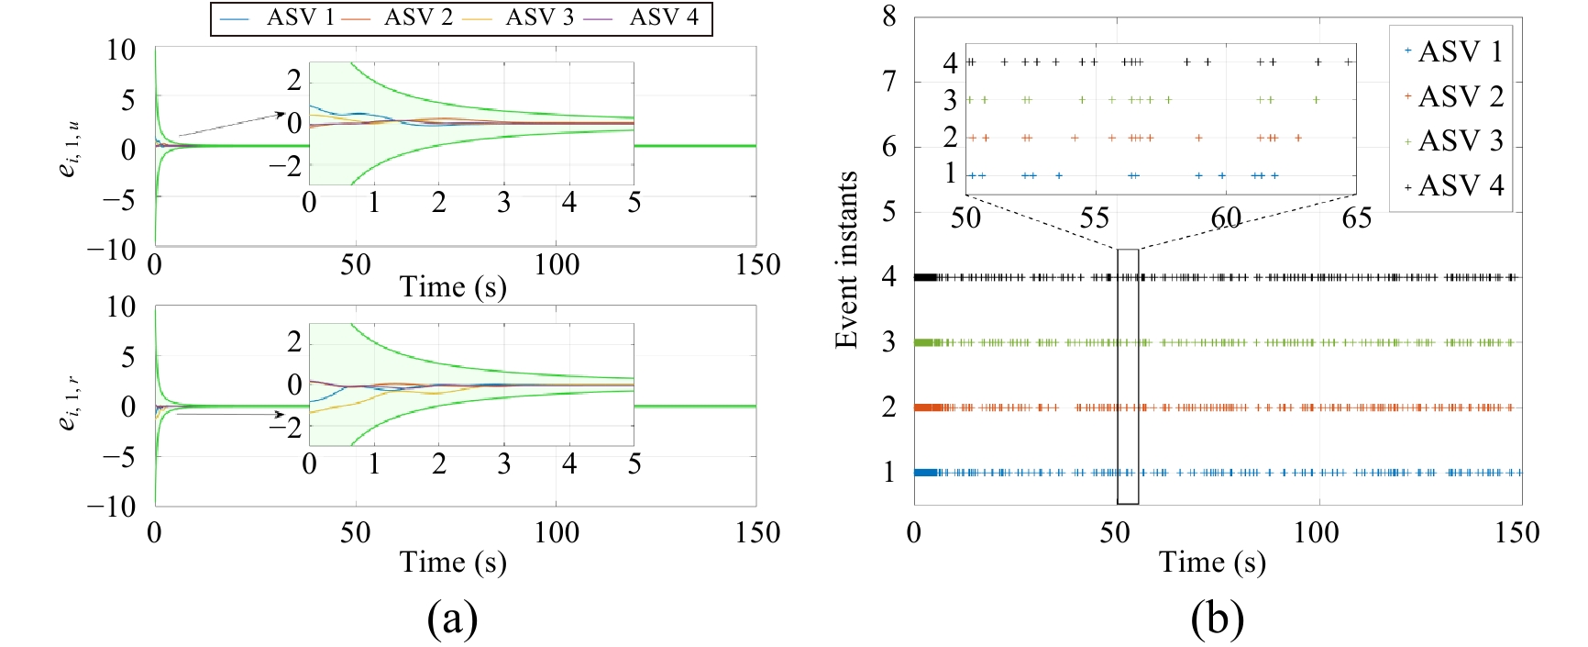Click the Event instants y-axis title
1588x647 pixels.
coord(846,260)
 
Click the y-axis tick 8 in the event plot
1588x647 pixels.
coord(888,17)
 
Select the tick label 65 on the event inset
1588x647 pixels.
coord(1356,218)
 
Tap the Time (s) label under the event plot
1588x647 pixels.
coord(1212,562)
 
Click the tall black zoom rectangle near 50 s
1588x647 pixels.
coord(1128,376)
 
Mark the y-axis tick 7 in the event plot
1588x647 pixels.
coord(888,82)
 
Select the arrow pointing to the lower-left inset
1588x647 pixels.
coord(229,415)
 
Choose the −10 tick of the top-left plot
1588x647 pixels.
coord(111,249)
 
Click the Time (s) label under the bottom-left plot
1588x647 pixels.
coord(453,562)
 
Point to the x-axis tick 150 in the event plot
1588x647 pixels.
coord(1516,533)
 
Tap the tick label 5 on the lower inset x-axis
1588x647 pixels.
coord(634,463)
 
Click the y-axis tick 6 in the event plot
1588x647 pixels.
coord(888,147)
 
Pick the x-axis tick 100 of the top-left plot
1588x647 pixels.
coord(557,265)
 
